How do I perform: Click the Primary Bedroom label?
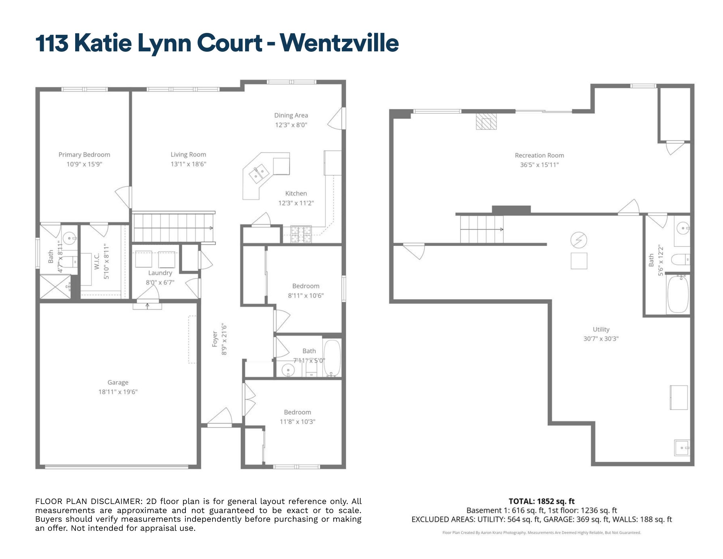point(84,154)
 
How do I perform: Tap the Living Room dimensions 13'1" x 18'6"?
point(188,164)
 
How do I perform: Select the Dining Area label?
point(291,115)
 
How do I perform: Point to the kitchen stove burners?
point(301,234)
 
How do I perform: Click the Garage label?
point(118,382)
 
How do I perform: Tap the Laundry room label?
point(160,273)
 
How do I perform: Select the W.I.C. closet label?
point(97,261)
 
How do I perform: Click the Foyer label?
point(215,339)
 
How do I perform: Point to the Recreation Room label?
point(539,155)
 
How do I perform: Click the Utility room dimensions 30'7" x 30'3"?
point(601,339)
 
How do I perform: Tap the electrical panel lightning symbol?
point(578,240)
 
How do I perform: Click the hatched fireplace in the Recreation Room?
point(486,122)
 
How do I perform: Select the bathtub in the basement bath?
point(678,294)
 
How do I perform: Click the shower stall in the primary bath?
point(55,287)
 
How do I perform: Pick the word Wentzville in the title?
point(339,43)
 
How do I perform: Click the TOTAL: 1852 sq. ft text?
point(541,501)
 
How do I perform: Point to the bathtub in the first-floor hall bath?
point(332,357)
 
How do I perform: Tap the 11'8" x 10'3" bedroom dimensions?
point(298,422)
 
